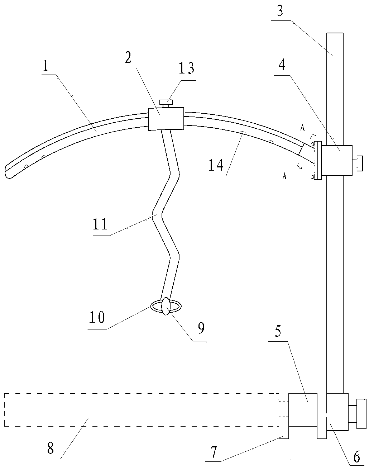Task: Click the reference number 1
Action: [46, 67]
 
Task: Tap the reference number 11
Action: [100, 224]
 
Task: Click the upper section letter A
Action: [303, 128]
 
